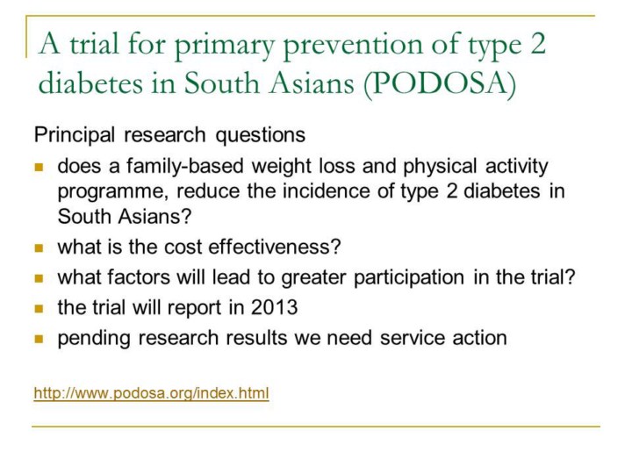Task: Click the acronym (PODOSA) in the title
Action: pyautogui.click(x=440, y=83)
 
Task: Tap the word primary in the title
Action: pyautogui.click(x=225, y=45)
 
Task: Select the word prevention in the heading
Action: pyautogui.click(x=353, y=45)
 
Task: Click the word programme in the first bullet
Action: pyautogui.click(x=113, y=192)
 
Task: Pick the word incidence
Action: pyautogui.click(x=326, y=190)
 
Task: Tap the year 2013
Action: pyautogui.click(x=274, y=307)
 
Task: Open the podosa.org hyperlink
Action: pyautogui.click(x=151, y=392)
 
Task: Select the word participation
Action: pyautogui.click(x=409, y=277)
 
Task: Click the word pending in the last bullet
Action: pyautogui.click(x=94, y=339)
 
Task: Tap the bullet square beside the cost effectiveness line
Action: pyautogui.click(x=39, y=248)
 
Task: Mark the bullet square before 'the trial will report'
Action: pyautogui.click(x=39, y=309)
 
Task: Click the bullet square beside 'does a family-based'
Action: pyautogui.click(x=39, y=168)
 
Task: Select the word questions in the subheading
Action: pyautogui.click(x=261, y=135)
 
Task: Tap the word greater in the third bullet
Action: pyautogui.click(x=313, y=277)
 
